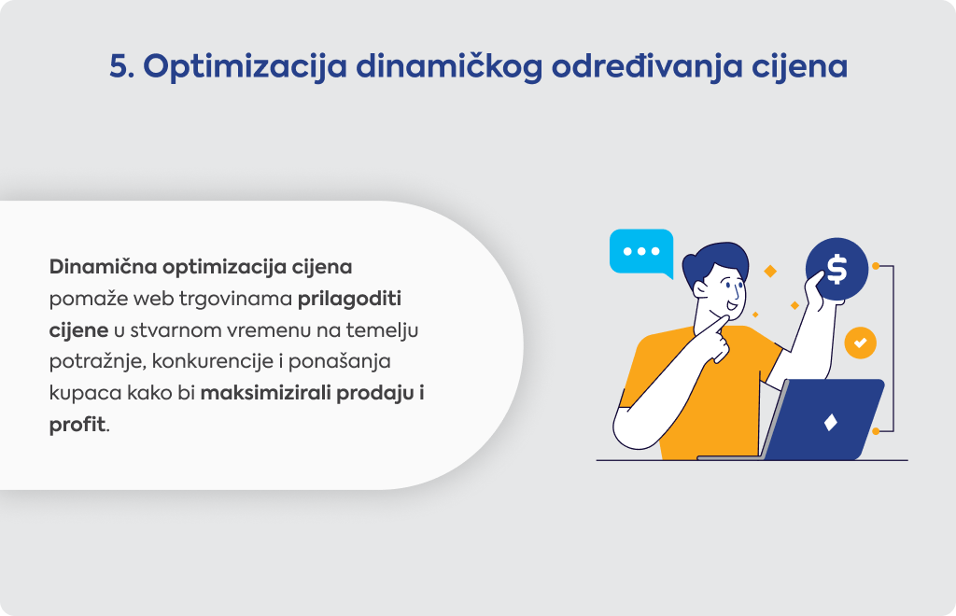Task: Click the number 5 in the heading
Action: [120, 66]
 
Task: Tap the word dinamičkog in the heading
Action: [449, 67]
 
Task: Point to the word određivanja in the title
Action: [647, 67]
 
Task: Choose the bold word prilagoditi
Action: [349, 300]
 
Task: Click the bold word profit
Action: [77, 425]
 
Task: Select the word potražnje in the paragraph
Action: [97, 362]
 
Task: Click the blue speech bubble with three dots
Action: [641, 253]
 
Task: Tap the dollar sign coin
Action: [836, 269]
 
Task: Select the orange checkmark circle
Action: [860, 343]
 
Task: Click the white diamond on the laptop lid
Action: [830, 422]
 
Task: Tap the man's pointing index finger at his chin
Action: [720, 321]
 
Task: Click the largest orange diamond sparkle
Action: [770, 272]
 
